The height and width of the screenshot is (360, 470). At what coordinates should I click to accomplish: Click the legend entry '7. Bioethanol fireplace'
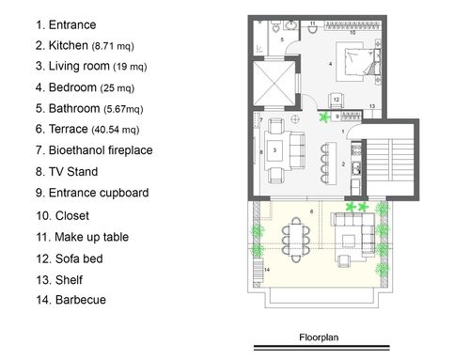[x=94, y=150]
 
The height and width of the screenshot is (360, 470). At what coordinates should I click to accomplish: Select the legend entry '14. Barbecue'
[x=70, y=300]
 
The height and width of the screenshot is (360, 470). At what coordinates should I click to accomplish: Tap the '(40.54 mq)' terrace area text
[x=116, y=130]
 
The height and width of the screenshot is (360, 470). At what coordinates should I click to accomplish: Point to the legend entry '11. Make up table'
[x=82, y=237]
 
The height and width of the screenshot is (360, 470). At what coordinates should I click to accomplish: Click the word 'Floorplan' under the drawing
[x=319, y=337]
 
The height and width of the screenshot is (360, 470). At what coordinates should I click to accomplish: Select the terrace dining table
[x=296, y=240]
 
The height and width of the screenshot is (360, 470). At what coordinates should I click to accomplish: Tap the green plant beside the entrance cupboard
[x=325, y=117]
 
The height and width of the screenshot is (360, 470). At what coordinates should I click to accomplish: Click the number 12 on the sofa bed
[x=337, y=100]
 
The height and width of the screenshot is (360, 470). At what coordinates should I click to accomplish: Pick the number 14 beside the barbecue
[x=267, y=270]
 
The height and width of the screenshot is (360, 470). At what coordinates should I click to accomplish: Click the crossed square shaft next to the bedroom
[x=274, y=83]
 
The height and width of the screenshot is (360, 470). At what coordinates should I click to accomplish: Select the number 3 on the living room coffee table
[x=274, y=150]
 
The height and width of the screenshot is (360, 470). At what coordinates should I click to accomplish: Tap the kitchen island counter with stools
[x=332, y=164]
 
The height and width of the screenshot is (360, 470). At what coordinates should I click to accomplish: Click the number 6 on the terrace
[x=311, y=211]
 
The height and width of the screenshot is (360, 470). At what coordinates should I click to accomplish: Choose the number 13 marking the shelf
[x=372, y=106]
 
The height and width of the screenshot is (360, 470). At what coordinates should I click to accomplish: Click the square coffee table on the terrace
[x=349, y=241]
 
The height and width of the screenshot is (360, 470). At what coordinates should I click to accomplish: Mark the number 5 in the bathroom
[x=282, y=39]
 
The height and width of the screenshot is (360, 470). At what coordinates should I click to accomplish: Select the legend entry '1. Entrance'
[x=66, y=24]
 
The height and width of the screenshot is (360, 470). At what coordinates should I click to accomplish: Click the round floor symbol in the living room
[x=295, y=119]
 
